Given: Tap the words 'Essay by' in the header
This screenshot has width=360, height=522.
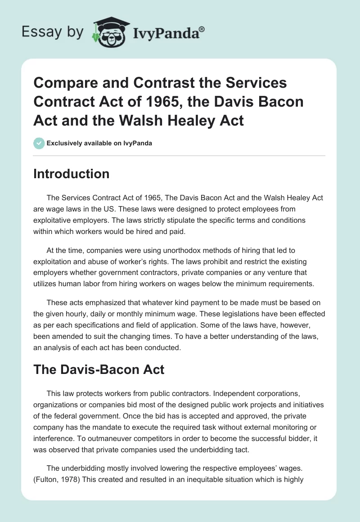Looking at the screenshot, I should coord(53,32).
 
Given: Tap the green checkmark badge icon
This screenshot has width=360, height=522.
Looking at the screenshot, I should coord(39,143).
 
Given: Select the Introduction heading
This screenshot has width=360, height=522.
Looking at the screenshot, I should coord(71,174).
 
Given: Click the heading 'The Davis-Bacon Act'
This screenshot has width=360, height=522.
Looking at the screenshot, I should coord(99,370).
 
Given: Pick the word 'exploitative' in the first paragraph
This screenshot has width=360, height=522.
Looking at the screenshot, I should coord(54,220).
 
